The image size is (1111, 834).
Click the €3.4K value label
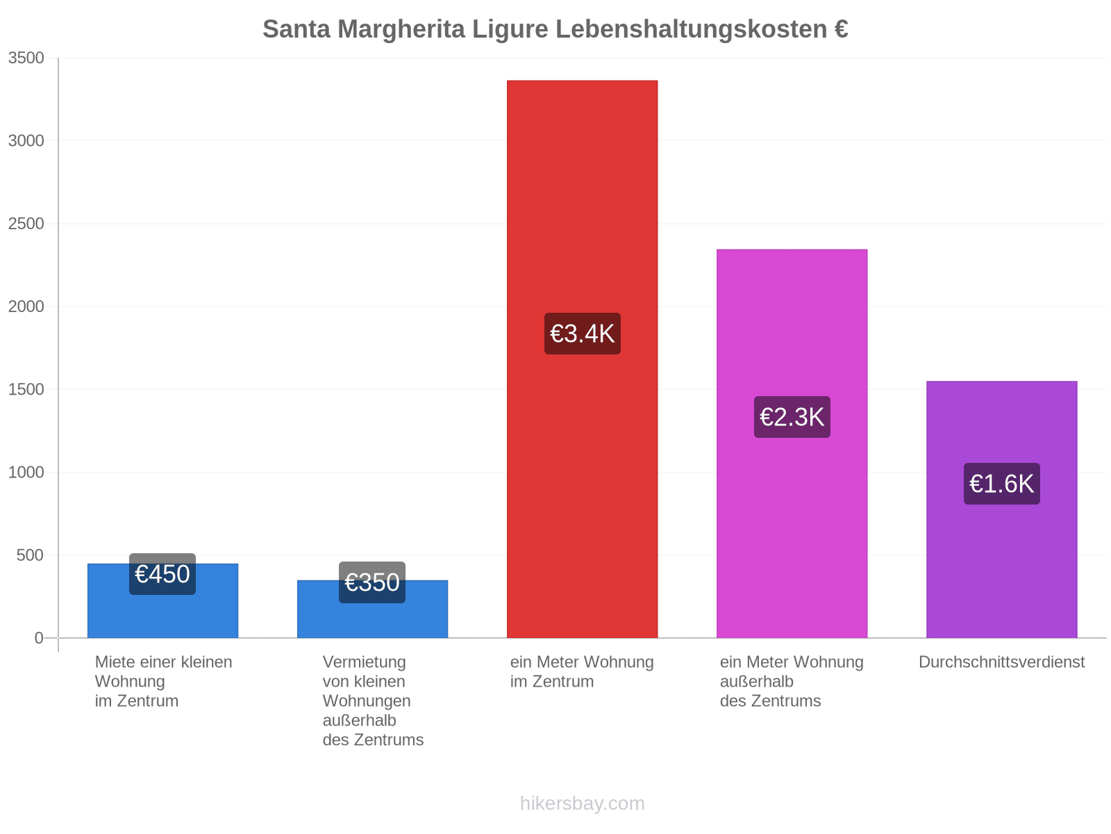583,334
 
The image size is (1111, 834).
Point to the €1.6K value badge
1002,484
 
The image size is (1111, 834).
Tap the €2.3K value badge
792,417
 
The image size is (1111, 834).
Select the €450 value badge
162,574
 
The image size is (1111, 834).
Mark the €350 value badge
372,582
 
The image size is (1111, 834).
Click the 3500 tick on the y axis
26,58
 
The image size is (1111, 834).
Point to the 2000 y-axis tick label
26,306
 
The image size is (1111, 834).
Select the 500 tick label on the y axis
30,555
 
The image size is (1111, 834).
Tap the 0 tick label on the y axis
39,638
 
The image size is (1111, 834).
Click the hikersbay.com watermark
582,803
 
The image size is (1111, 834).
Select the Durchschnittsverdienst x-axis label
1002,662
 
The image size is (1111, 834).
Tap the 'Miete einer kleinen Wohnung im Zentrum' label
163,681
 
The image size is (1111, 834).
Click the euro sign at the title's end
841,29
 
